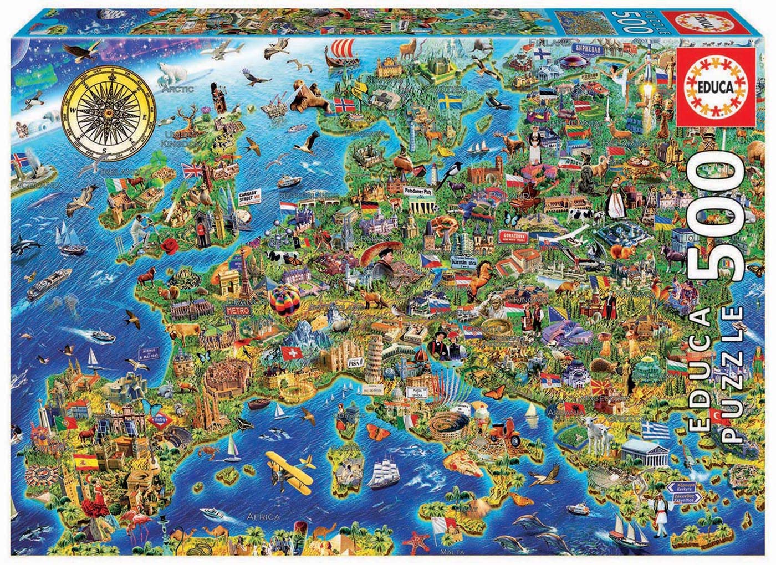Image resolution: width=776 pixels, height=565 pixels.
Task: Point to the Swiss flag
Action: (290, 352)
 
